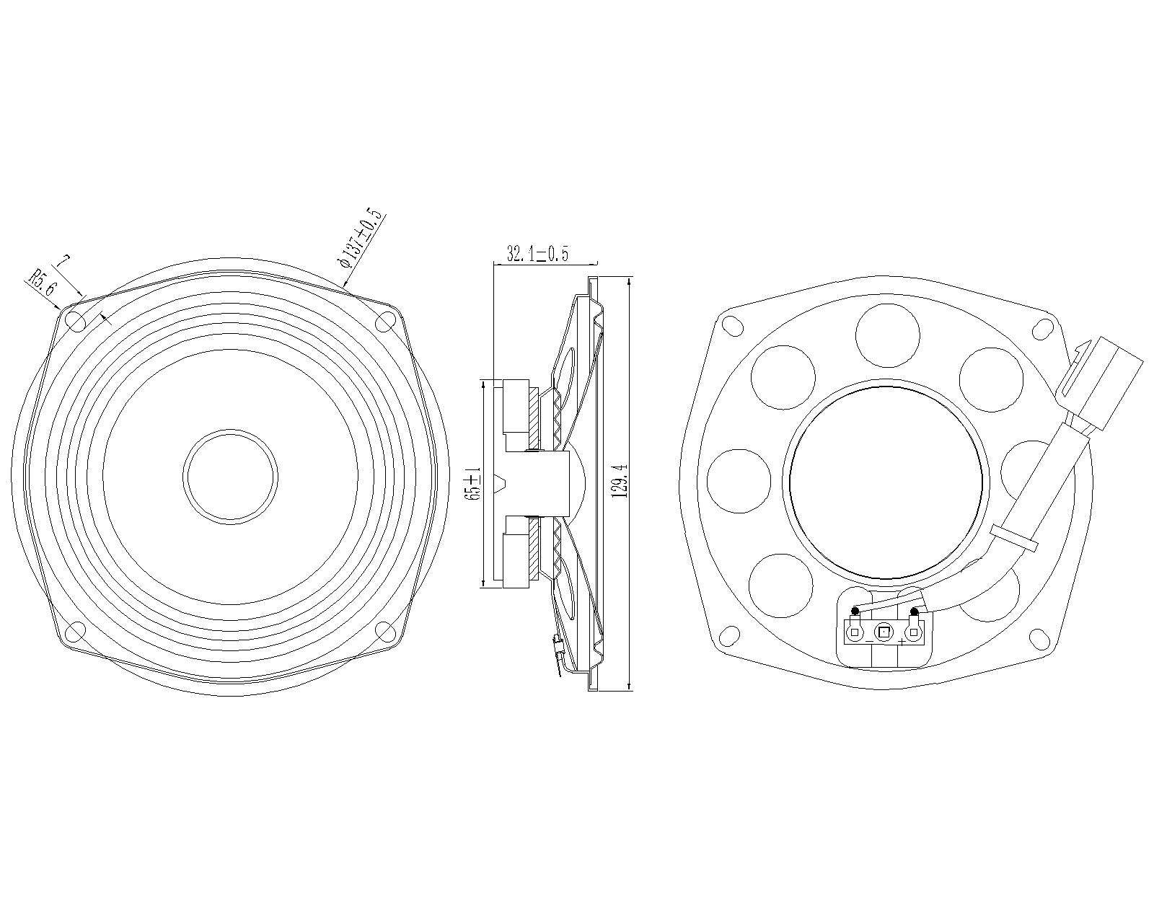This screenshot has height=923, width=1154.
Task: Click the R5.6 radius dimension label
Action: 42,283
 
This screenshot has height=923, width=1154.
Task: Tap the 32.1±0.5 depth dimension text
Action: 537,253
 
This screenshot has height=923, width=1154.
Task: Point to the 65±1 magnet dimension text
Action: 474,484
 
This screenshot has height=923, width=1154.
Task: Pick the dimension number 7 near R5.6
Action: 63,261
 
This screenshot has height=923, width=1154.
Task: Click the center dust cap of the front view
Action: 231,476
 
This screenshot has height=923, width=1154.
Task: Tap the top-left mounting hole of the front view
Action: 75,322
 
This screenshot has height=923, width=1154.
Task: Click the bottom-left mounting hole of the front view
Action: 75,631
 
